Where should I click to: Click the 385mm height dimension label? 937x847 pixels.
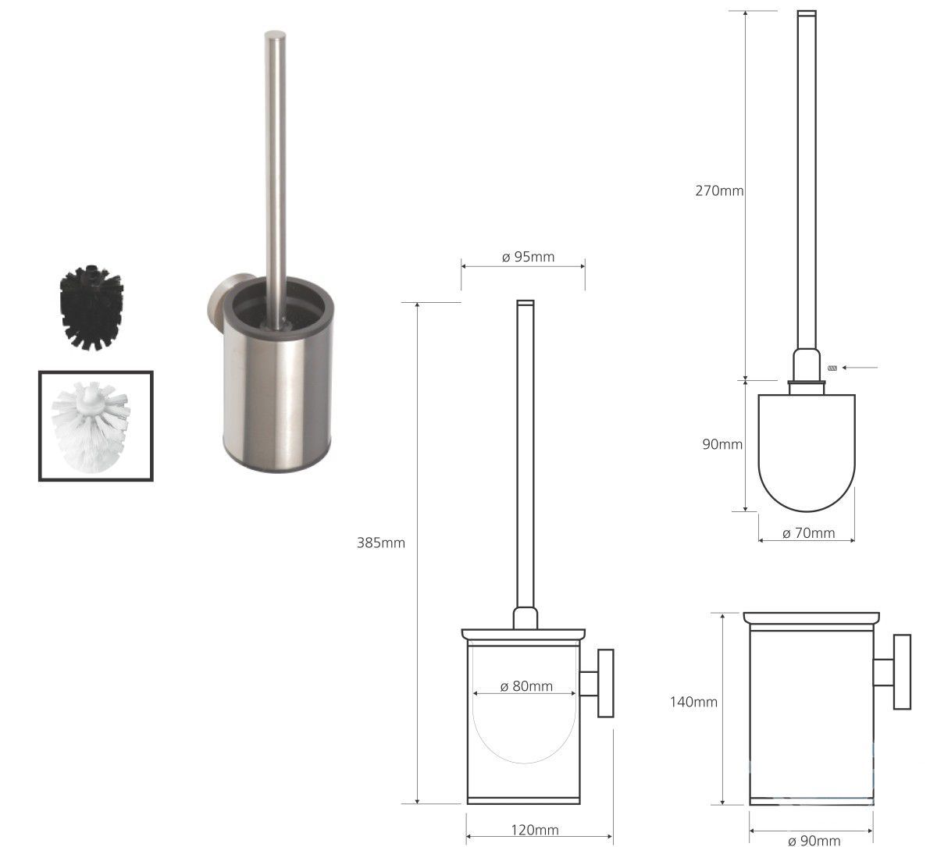pyautogui.click(x=381, y=543)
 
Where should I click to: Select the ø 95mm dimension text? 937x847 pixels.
pyautogui.click(x=528, y=257)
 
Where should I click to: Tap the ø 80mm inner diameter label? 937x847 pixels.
pyautogui.click(x=526, y=686)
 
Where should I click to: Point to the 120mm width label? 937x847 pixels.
pyautogui.click(x=535, y=830)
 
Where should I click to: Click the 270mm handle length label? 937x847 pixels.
pyautogui.click(x=719, y=190)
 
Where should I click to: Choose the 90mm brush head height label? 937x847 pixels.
pyautogui.click(x=722, y=444)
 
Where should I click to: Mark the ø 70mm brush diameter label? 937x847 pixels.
pyautogui.click(x=808, y=533)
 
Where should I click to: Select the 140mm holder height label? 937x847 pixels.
pyautogui.click(x=693, y=702)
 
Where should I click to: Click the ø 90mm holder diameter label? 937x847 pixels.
pyautogui.click(x=814, y=841)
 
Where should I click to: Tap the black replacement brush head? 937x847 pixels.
pyautogui.click(x=91, y=308)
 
